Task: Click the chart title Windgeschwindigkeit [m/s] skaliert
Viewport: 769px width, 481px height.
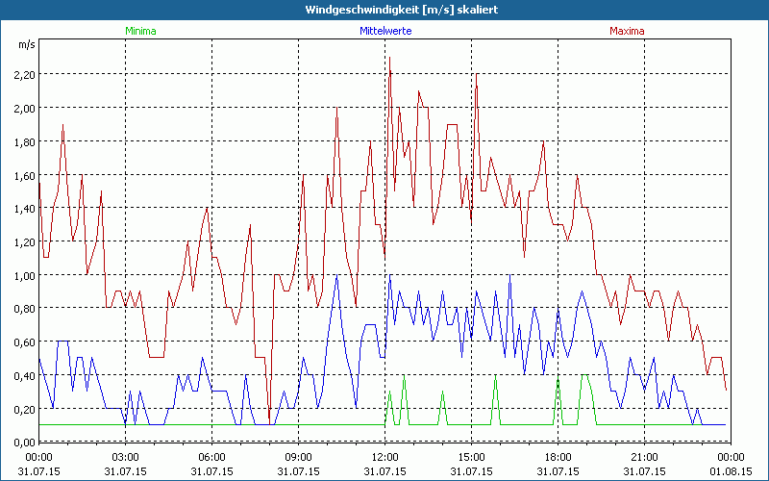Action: (384, 10)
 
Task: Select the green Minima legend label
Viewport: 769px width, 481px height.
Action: (139, 31)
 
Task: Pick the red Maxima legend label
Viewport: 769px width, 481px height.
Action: (628, 31)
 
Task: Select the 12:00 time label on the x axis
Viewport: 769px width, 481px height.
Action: (384, 457)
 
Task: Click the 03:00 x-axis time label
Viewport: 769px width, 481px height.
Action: (125, 457)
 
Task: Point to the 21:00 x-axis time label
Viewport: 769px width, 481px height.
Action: (644, 457)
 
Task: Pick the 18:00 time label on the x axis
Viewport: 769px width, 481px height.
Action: (558, 457)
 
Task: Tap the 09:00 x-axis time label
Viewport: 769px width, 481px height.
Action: (298, 457)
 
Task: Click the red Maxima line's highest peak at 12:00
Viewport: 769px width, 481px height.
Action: (389, 59)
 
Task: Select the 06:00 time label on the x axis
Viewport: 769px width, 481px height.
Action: (211, 457)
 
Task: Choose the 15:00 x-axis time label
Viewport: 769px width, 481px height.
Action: (471, 457)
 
